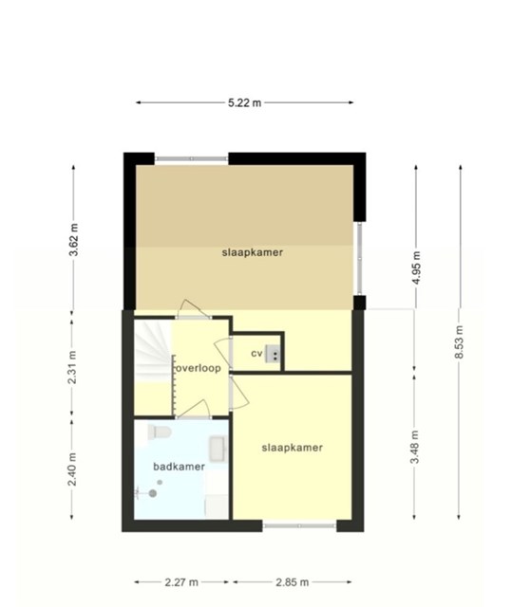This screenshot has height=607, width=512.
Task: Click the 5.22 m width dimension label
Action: (244, 103)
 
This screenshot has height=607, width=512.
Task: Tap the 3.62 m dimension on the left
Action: (74, 240)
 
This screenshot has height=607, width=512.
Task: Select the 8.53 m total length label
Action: (459, 342)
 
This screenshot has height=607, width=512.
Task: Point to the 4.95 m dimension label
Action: (416, 267)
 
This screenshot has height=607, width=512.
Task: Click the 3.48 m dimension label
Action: (415, 447)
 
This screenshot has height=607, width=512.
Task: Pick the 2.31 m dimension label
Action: (72, 367)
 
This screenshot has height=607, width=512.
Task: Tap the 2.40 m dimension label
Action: (72, 469)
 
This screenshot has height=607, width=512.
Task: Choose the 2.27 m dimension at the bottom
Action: (181, 582)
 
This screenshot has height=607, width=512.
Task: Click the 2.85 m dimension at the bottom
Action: (293, 582)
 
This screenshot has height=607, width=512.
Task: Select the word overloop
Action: (199, 368)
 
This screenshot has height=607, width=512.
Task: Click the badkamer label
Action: (180, 467)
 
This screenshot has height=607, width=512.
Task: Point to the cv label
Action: (256, 354)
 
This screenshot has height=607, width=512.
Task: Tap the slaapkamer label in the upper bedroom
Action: (253, 252)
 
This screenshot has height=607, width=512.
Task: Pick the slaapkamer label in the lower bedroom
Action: (293, 448)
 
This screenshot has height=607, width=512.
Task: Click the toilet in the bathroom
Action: (160, 432)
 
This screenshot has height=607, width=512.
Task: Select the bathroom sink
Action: (218, 449)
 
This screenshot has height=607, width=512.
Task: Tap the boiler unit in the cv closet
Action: (273, 354)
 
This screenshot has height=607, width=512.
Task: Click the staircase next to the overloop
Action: (153, 351)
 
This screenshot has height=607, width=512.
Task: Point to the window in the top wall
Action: (192, 158)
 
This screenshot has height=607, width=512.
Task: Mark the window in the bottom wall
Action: (299, 525)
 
